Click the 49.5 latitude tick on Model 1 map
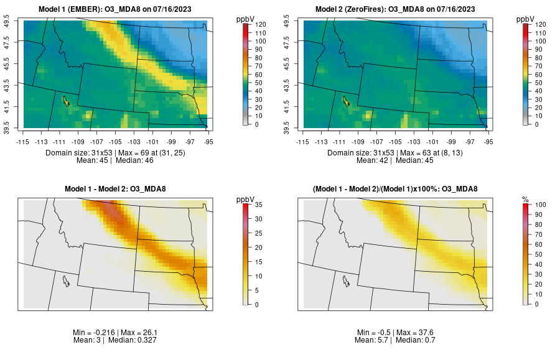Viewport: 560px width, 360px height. pos(7,22)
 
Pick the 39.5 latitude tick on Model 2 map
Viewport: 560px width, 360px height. pos(287,126)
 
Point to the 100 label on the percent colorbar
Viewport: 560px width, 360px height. pos(540,205)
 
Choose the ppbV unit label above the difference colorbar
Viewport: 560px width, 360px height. pos(245,200)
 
